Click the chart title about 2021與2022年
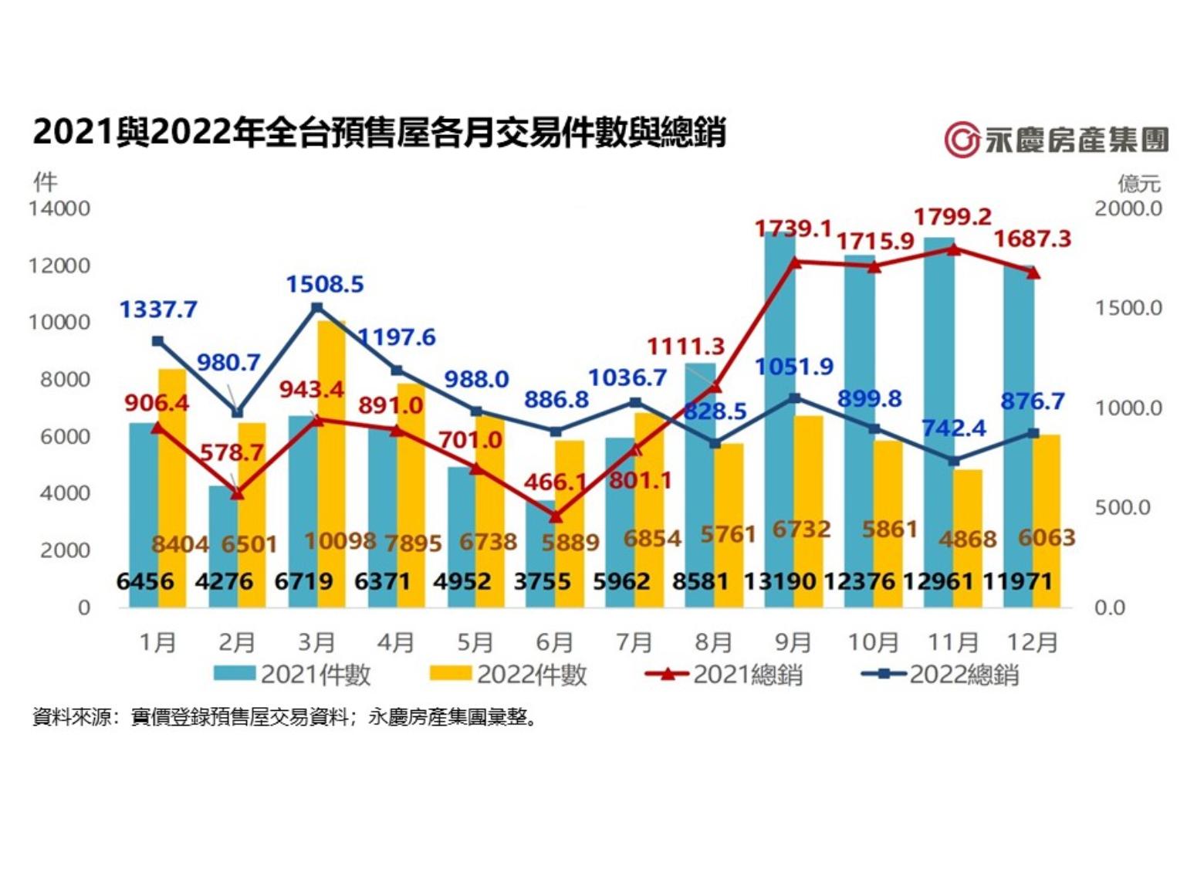379,132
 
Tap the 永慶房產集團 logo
1056,140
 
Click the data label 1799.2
952,217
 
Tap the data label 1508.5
325,284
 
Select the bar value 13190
779,581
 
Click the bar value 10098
340,541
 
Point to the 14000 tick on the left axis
59,208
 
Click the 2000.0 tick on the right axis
1128,208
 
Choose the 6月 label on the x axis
554,642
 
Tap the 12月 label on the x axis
1033,642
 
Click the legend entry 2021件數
293,675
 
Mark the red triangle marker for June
556,516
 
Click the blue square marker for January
157,341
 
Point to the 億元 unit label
1139,184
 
